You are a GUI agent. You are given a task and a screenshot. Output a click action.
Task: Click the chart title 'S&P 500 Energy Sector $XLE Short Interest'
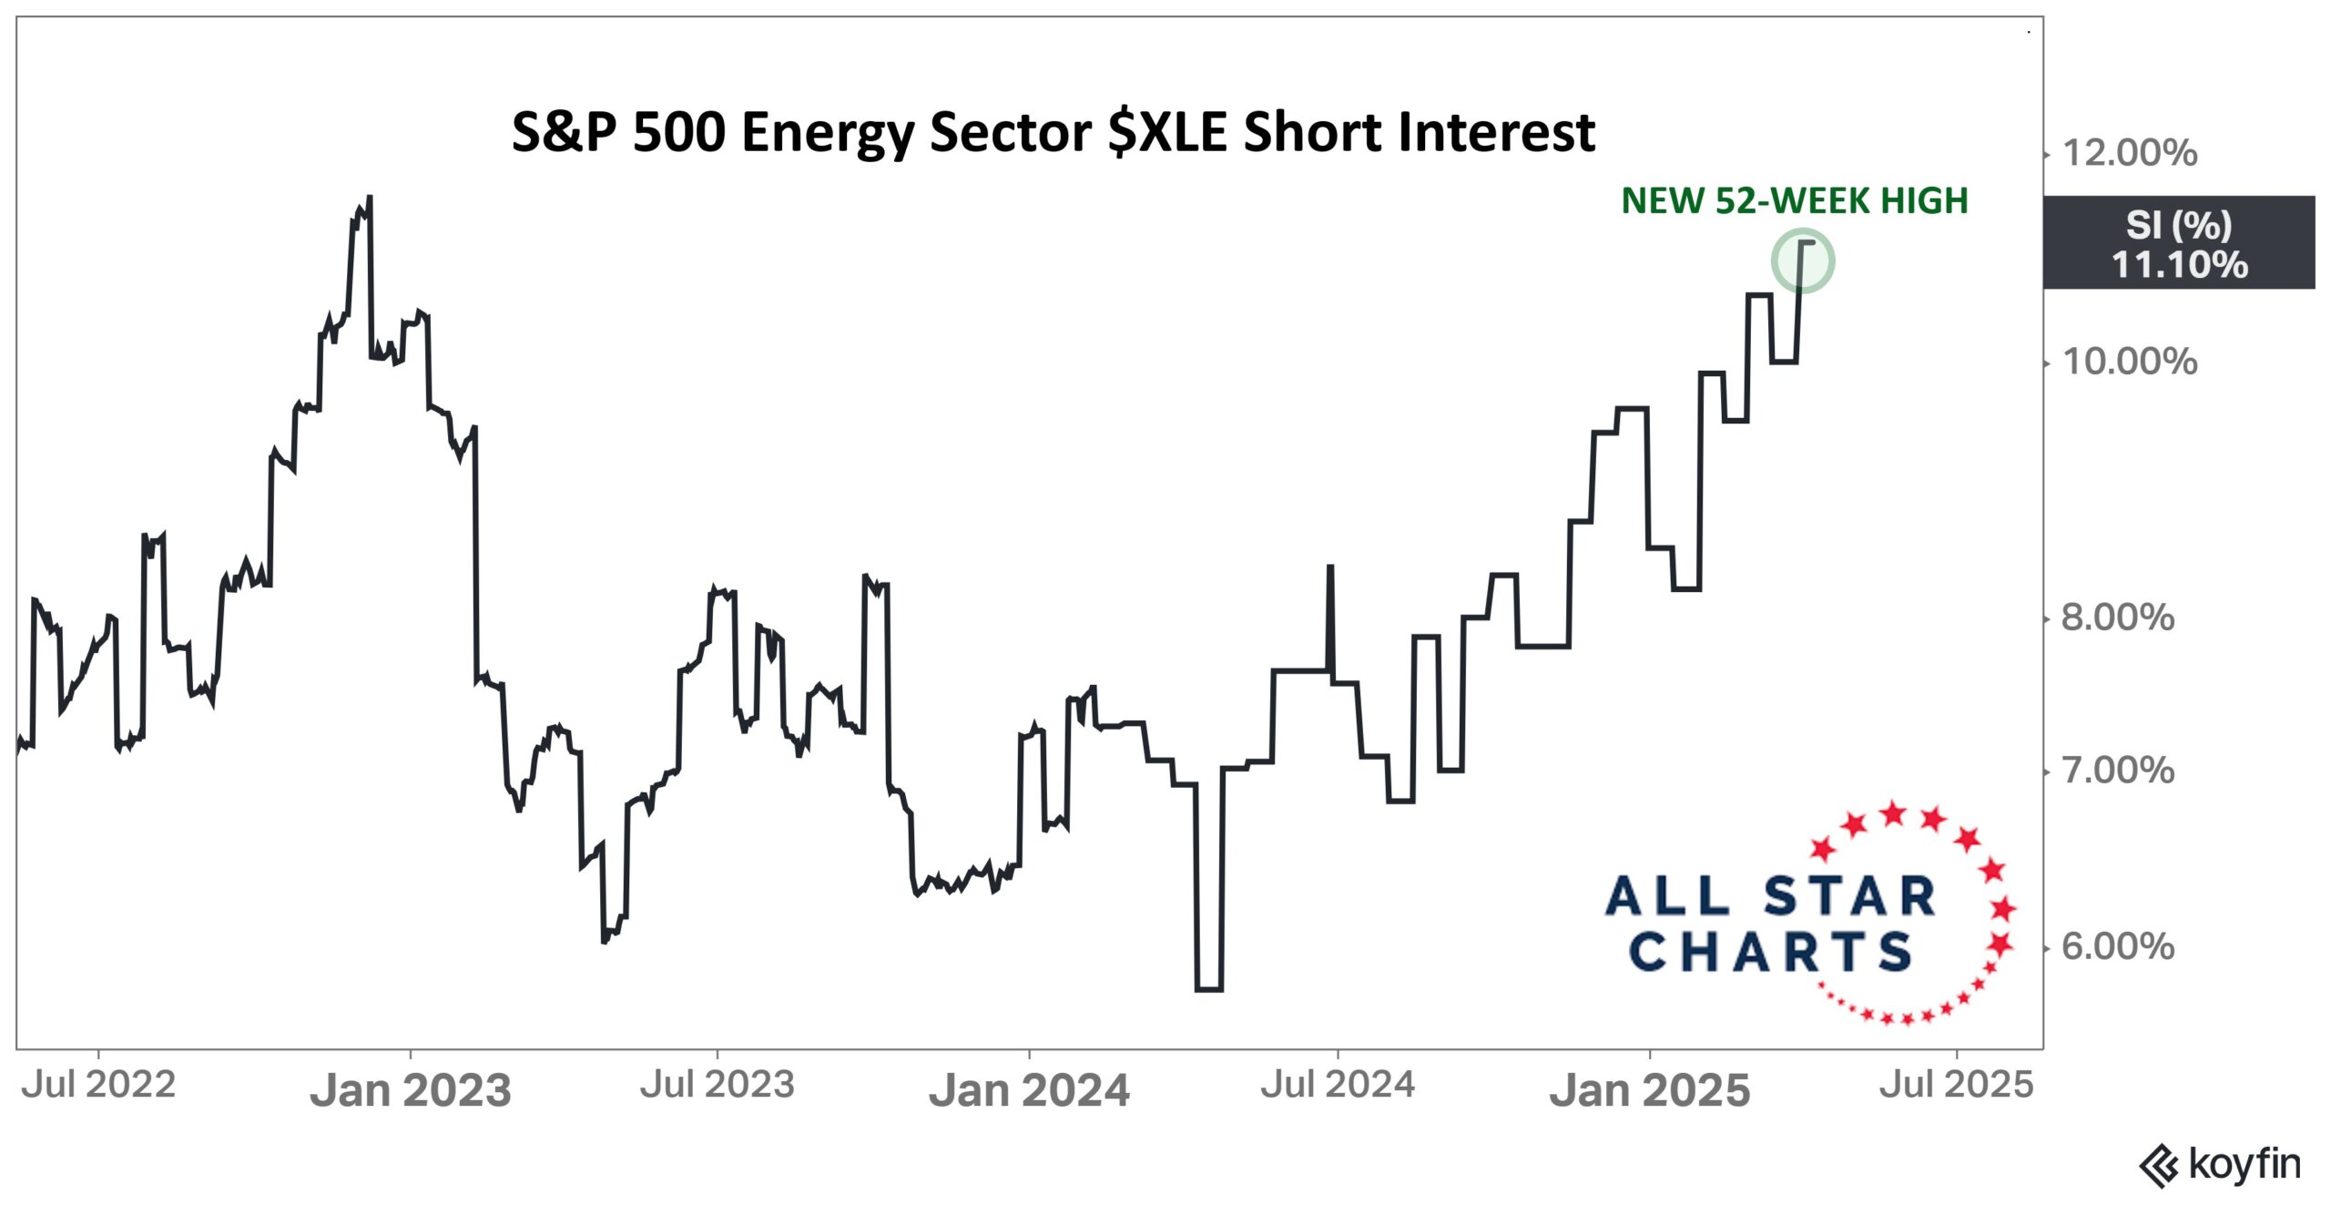pos(1053,132)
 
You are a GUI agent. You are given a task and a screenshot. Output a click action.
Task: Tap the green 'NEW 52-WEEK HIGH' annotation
pos(1794,200)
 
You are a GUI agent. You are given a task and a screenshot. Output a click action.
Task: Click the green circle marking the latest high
pos(1802,261)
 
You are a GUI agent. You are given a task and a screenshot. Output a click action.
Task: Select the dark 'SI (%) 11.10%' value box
pos(2178,243)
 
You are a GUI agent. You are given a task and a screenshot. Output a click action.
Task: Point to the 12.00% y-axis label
pos(2129,153)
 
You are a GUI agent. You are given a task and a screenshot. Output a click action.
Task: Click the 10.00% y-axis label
pos(2129,362)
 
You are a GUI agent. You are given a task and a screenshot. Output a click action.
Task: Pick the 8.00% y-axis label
pos(2118,618)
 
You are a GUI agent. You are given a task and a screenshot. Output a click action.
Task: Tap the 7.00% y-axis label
pos(2118,771)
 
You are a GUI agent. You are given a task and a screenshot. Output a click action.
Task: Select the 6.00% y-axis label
pos(2118,947)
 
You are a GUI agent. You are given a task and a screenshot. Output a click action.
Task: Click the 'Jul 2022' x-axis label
pos(98,1084)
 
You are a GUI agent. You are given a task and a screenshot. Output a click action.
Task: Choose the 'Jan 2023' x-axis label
pos(411,1089)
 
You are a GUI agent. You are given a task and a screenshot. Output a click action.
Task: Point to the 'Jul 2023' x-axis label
pos(718,1084)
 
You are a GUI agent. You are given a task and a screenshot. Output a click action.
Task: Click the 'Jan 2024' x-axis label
pos(1029,1089)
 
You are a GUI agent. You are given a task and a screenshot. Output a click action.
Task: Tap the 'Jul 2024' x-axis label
pos(1338,1084)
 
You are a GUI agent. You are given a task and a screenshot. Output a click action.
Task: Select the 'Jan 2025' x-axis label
pos(1650,1089)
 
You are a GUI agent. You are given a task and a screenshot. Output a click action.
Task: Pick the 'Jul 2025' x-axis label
pos(1957,1084)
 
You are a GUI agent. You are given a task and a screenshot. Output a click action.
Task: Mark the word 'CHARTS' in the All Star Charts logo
pos(1770,953)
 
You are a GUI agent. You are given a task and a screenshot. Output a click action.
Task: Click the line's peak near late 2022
pos(369,197)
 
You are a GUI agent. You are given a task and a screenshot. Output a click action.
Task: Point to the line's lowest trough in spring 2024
pos(1208,988)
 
